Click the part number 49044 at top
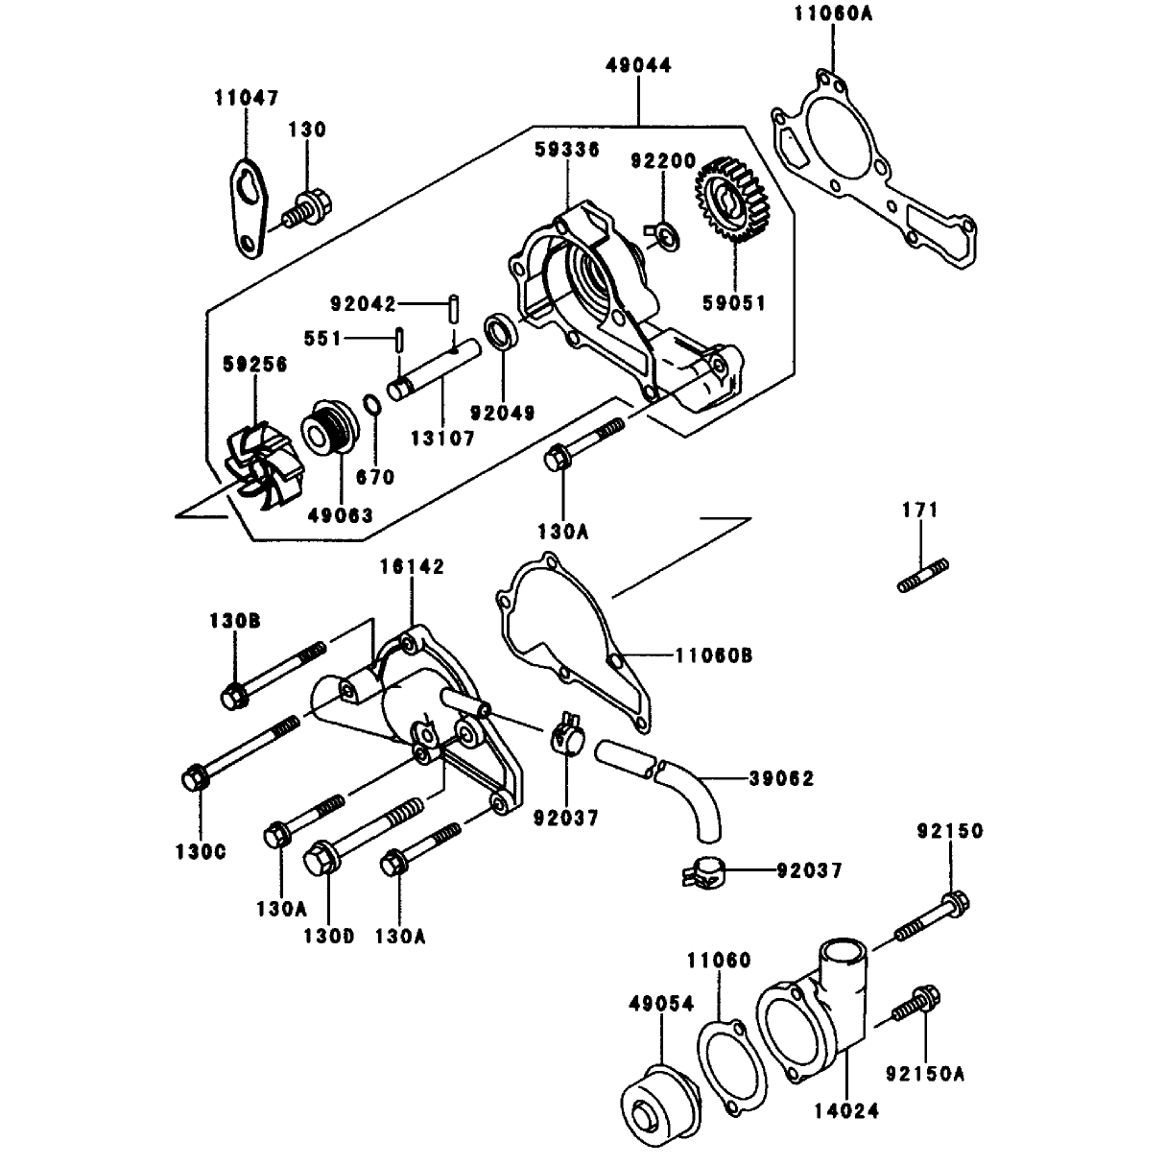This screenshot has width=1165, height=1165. pyautogui.click(x=639, y=65)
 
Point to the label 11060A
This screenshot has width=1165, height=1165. pyautogui.click(x=833, y=13)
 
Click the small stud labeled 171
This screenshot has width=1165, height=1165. pyautogui.click(x=922, y=575)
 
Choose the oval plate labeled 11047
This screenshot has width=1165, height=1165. pyautogui.click(x=250, y=208)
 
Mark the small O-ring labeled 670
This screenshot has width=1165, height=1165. pyautogui.click(x=372, y=406)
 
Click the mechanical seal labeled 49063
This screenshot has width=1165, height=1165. pyautogui.click(x=331, y=429)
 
